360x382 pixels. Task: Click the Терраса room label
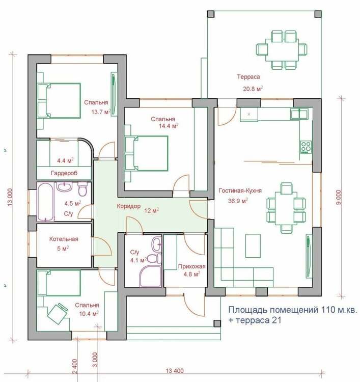coord(248,77)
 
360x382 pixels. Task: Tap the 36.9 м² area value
coord(238,201)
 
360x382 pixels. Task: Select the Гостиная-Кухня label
coord(240,190)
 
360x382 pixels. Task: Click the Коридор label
coord(129,206)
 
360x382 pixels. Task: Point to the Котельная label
coord(64,239)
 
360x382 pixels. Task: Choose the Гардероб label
coord(64,173)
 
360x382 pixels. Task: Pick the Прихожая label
coord(191,266)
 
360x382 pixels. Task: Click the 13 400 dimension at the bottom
coord(175,371)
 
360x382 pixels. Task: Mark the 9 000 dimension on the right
coord(339,197)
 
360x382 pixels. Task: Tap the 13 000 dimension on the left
coord(10,197)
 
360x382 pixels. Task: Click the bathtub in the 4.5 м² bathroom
coord(45,202)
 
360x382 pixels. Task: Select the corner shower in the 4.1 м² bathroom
coord(150,276)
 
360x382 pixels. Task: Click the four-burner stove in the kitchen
coord(306,147)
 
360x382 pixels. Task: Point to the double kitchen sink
coord(299,114)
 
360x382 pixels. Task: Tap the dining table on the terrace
coord(282,50)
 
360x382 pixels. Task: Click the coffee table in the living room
coord(253,245)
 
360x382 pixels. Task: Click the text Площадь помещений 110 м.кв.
coord(293,310)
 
